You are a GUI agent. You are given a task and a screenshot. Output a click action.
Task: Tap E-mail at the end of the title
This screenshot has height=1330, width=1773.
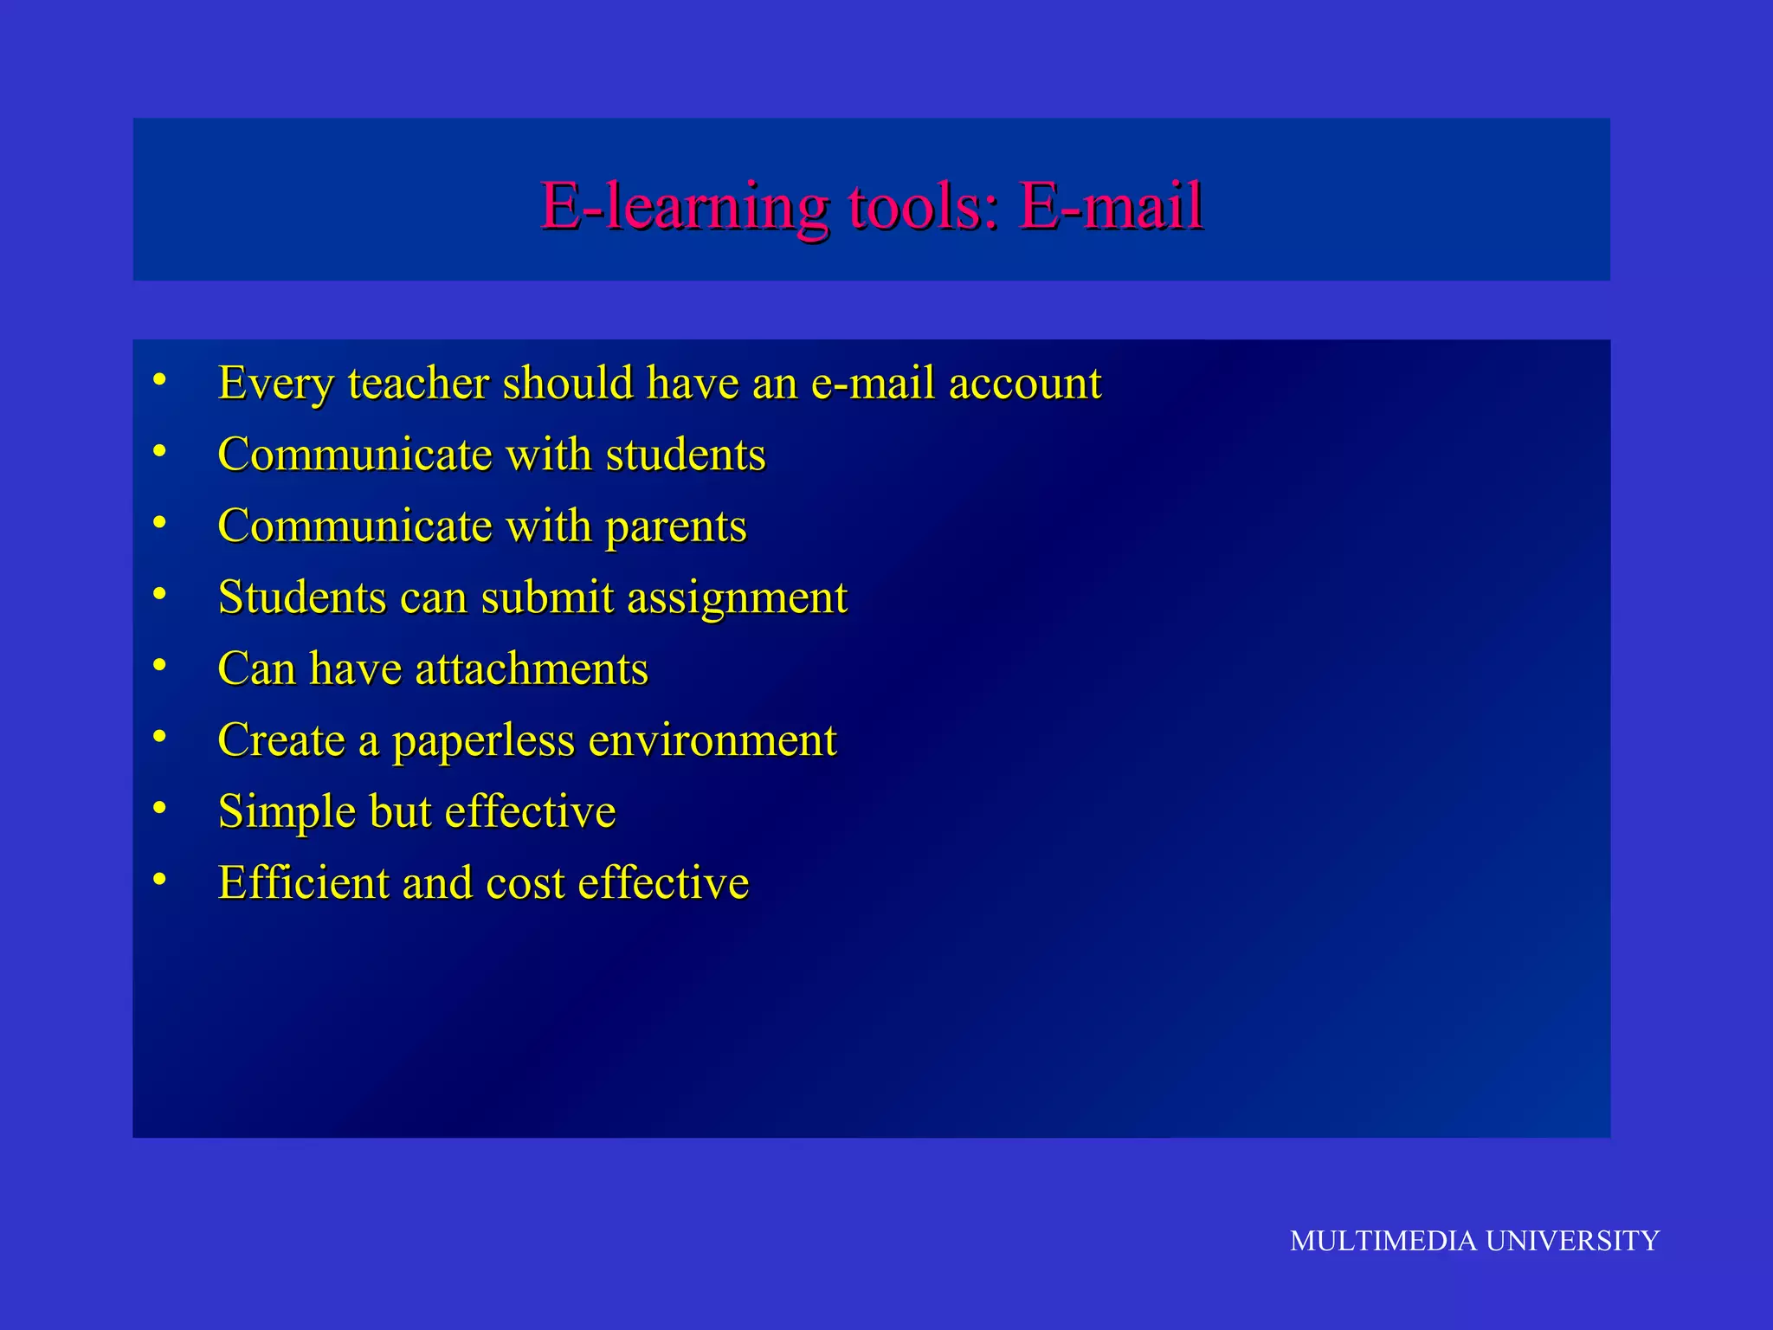point(1111,207)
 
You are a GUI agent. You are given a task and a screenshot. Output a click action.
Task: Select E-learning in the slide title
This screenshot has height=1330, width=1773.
point(684,207)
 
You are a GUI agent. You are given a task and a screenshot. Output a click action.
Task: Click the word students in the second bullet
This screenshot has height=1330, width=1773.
point(686,455)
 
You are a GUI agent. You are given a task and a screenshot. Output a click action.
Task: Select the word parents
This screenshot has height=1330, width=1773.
point(675,527)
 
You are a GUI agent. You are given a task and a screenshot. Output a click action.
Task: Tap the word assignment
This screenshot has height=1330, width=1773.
point(737,598)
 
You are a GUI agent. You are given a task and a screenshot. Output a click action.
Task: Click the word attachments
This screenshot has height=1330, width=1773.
point(532,669)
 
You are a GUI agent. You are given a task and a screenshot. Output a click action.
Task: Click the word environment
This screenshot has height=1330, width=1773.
point(712,740)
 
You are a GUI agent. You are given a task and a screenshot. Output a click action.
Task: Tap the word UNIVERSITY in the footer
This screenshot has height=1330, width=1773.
point(1572,1241)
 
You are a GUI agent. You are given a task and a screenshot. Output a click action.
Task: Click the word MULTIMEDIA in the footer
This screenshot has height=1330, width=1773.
point(1383,1241)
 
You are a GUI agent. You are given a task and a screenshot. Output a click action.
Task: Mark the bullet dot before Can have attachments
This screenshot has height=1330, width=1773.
point(159,665)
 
